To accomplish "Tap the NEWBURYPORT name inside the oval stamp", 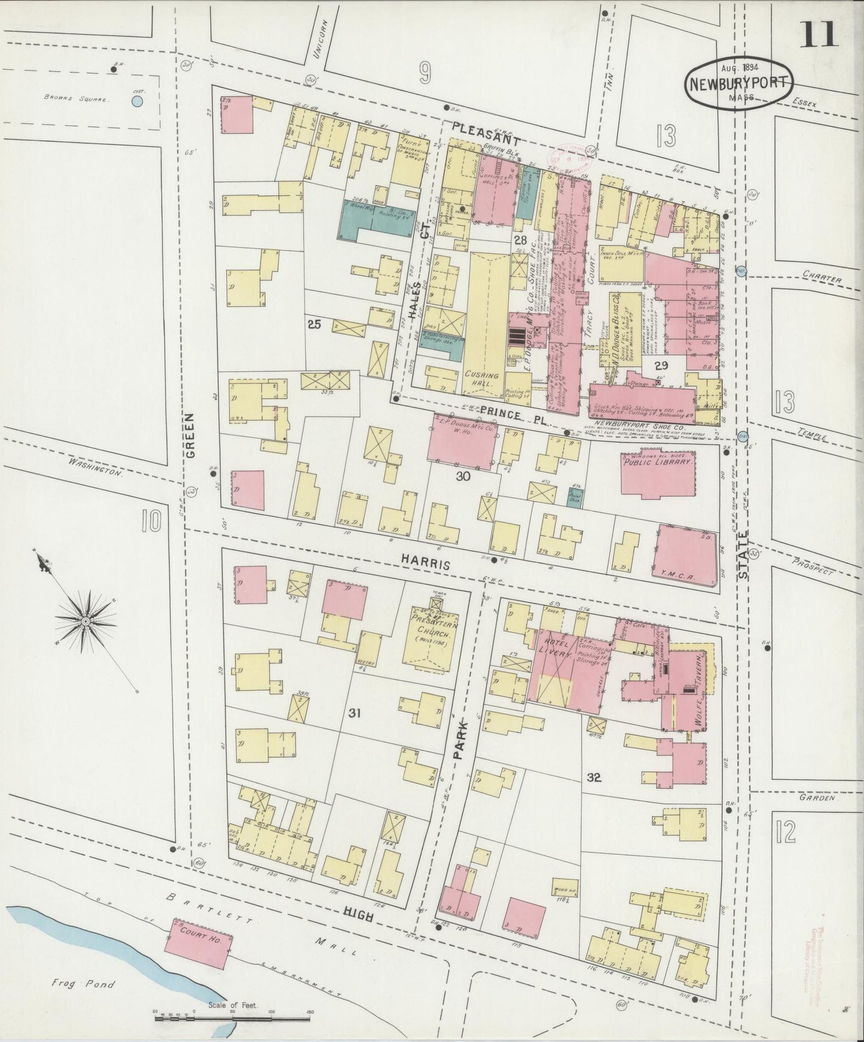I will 738,83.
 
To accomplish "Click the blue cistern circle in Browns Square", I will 137,102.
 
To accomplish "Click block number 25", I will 314,325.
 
